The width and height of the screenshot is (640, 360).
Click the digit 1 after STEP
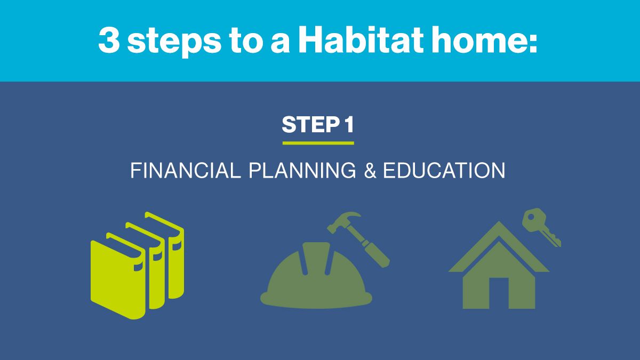(x=348, y=125)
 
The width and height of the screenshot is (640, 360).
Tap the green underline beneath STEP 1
(x=318, y=143)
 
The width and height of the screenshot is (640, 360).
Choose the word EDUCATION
(x=444, y=171)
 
